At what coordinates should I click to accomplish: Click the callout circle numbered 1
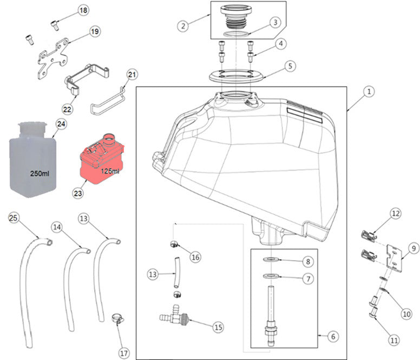pyautogui.click(x=368, y=93)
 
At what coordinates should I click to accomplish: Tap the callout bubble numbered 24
pyautogui.click(x=61, y=125)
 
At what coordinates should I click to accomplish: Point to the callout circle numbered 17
pyautogui.click(x=124, y=353)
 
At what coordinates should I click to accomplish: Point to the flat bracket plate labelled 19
pyautogui.click(x=52, y=56)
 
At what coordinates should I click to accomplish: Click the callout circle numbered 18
pyautogui.click(x=83, y=10)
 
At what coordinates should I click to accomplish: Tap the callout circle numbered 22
pyautogui.click(x=67, y=109)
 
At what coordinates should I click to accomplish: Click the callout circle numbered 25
pyautogui.click(x=14, y=218)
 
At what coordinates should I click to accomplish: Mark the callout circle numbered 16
pyautogui.click(x=195, y=257)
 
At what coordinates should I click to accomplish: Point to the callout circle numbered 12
pyautogui.click(x=396, y=213)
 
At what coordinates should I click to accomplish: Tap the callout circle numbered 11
pyautogui.click(x=393, y=341)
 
